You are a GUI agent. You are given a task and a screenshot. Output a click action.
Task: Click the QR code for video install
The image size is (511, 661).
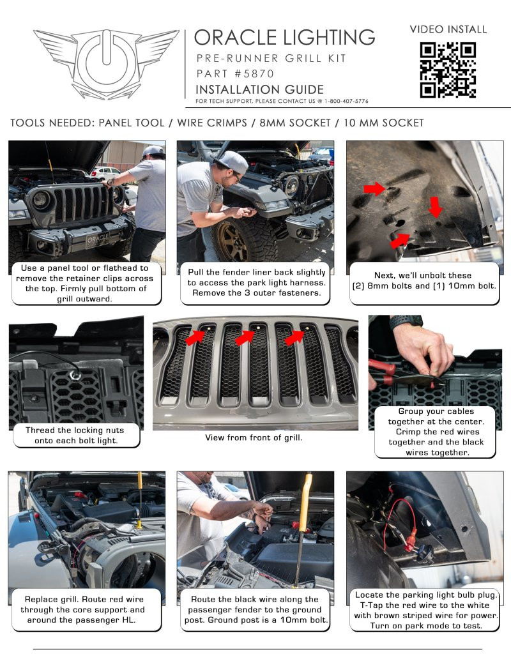pyautogui.click(x=448, y=70)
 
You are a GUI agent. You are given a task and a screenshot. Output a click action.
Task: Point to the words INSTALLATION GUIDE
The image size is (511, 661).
pyautogui.click(x=259, y=89)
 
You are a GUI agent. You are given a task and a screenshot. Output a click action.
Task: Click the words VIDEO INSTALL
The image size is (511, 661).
pyautogui.click(x=448, y=29)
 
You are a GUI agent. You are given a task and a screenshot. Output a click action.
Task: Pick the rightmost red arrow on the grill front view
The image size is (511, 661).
pyautogui.click(x=294, y=338)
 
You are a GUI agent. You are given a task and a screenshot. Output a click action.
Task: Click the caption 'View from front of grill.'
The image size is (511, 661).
pyautogui.click(x=254, y=437)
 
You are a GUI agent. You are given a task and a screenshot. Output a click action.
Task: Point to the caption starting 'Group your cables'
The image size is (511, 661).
pyautogui.click(x=436, y=432)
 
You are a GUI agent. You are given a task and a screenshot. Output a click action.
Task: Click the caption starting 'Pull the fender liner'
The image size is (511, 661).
pyautogui.click(x=256, y=282)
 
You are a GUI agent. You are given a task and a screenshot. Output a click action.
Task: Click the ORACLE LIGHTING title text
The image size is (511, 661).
pyautogui.click(x=284, y=37)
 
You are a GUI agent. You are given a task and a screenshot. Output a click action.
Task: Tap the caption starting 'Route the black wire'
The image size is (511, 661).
pyautogui.click(x=254, y=609)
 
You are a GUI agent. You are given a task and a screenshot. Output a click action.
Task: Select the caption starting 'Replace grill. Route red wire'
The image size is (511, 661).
pyautogui.click(x=84, y=609)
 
